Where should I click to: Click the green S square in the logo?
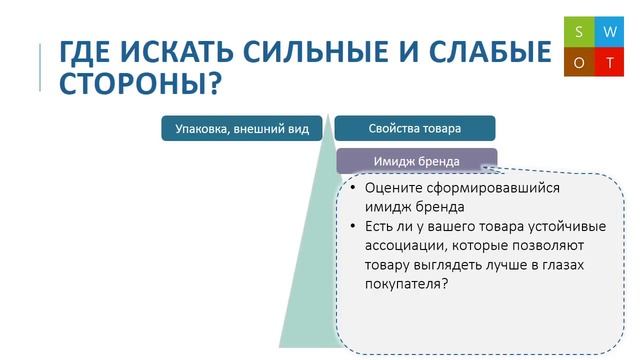578,32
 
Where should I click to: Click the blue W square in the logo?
609,32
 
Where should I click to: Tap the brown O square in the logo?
578,63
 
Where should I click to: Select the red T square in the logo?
609,63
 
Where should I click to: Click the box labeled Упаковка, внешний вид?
242,128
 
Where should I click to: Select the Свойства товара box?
414,128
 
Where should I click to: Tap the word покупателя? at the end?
406,284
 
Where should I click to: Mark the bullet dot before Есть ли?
351,227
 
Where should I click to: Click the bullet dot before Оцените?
351,189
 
